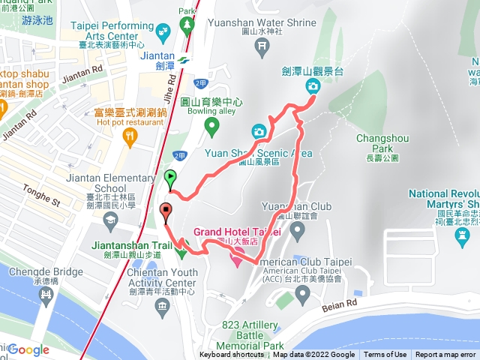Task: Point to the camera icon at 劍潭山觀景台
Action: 312,87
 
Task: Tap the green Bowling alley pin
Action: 212,125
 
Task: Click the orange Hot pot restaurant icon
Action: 130,136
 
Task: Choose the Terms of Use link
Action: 385,355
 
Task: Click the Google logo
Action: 28,349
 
